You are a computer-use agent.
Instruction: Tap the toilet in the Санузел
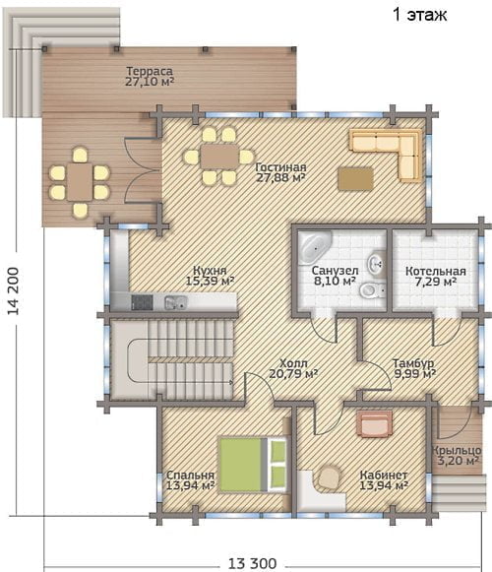tap(372, 290)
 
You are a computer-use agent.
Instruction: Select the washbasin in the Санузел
tap(376, 263)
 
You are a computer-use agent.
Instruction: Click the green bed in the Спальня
tap(252, 465)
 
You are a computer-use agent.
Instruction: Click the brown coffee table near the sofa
tap(355, 178)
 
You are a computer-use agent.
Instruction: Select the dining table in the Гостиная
tap(219, 157)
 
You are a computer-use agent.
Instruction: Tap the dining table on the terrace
tap(80, 182)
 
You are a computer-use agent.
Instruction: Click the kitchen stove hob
tap(143, 302)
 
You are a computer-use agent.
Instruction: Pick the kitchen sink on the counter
tap(176, 302)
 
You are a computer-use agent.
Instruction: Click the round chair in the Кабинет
tap(330, 477)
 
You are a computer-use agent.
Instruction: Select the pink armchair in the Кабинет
tap(376, 423)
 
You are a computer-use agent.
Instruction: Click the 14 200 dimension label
tap(13, 290)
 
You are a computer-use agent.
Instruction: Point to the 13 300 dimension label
tap(252, 563)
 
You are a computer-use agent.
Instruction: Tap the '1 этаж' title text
tap(419, 15)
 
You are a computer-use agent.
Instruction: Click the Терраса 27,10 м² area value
tap(150, 82)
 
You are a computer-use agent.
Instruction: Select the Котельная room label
tap(436, 272)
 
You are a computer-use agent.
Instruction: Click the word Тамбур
tap(413, 363)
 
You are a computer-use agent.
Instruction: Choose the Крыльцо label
tap(457, 451)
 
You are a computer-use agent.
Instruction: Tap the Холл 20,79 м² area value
tap(293, 373)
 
